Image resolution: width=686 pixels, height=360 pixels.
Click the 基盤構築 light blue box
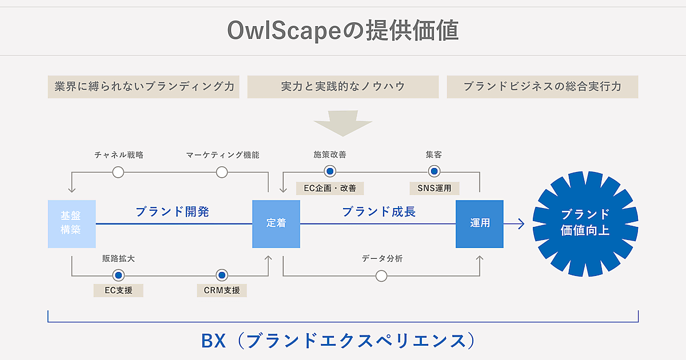71,223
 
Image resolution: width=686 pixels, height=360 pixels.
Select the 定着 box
276,223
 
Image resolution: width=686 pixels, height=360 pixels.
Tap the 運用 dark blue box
480,223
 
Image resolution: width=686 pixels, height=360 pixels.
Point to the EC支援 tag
118,290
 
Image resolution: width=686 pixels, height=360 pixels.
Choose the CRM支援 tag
222,290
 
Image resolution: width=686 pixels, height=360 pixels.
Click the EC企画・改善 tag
330,188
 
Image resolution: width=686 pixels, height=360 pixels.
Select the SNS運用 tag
434,188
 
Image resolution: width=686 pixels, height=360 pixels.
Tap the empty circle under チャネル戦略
118,172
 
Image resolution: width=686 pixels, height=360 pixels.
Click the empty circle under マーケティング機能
222,172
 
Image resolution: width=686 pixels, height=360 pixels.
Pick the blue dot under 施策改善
330,171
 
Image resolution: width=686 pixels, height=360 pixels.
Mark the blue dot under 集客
434,171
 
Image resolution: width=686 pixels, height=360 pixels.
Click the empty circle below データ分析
381,276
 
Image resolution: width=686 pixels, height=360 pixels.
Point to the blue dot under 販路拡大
118,275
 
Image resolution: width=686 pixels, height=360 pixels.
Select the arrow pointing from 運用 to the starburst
517,224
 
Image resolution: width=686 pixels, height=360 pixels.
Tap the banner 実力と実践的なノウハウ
343,87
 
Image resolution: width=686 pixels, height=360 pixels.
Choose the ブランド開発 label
172,212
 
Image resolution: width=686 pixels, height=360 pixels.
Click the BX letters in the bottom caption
215,341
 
